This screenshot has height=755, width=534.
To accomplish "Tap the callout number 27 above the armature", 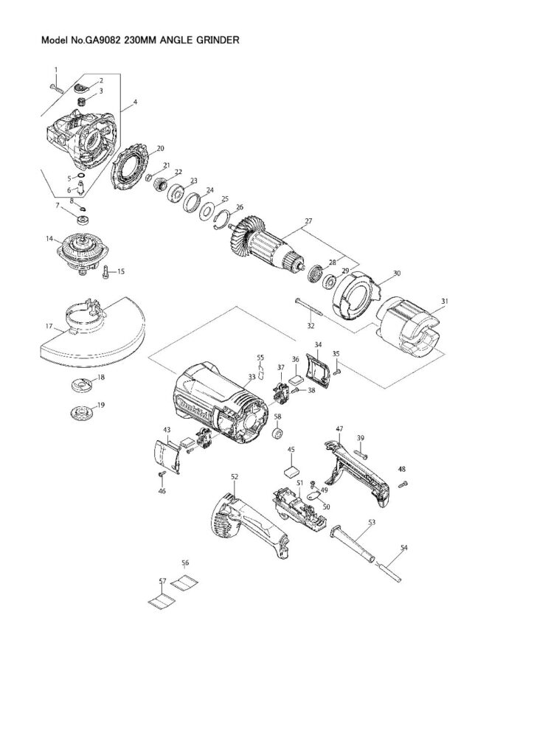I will point(308,221).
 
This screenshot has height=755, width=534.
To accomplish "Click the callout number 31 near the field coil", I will point(444,302).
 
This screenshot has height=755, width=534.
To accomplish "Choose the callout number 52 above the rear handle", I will point(234,477).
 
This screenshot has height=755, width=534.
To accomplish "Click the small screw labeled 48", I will point(403,484).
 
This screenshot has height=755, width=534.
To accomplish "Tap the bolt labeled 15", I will point(106,272).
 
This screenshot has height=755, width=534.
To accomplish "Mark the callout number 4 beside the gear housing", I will point(135,102).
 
